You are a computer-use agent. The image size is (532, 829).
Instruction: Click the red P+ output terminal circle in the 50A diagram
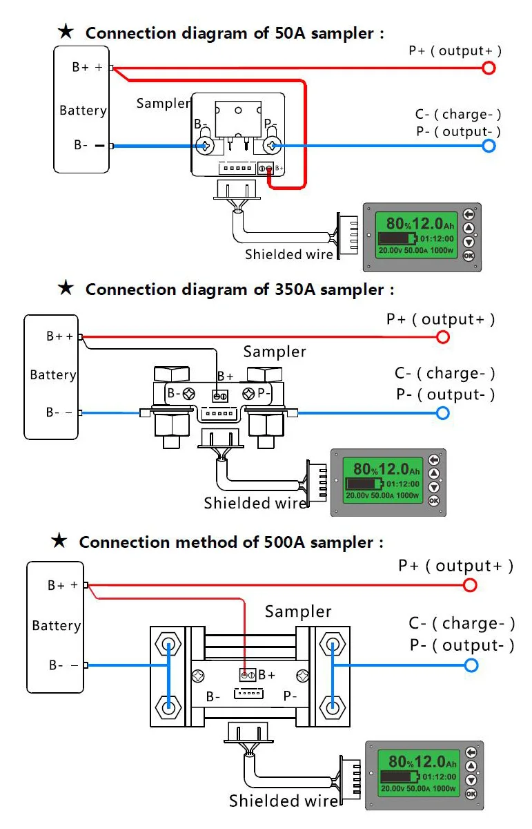click(489, 68)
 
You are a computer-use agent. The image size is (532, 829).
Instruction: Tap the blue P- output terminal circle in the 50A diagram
click(489, 146)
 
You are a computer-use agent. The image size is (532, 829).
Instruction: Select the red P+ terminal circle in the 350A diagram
click(443, 337)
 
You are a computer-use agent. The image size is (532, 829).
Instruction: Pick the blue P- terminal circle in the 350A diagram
click(443, 413)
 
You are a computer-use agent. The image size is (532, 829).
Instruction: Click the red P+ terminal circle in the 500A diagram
click(470, 585)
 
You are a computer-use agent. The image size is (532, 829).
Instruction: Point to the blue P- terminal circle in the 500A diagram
click(471, 665)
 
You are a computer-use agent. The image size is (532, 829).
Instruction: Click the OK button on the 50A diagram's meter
click(469, 256)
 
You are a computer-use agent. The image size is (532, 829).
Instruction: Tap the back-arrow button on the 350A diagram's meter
click(434, 460)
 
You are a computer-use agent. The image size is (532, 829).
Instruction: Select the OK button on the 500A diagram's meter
click(471, 794)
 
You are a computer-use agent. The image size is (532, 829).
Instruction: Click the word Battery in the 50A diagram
click(83, 111)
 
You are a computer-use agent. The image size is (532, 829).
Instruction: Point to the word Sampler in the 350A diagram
click(275, 352)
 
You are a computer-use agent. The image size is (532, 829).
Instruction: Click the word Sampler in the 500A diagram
click(298, 611)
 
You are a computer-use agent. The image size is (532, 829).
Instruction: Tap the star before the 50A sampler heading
click(66, 32)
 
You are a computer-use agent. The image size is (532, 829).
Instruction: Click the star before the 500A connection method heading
click(60, 541)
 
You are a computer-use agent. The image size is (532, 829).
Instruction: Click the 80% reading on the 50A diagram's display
click(399, 224)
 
